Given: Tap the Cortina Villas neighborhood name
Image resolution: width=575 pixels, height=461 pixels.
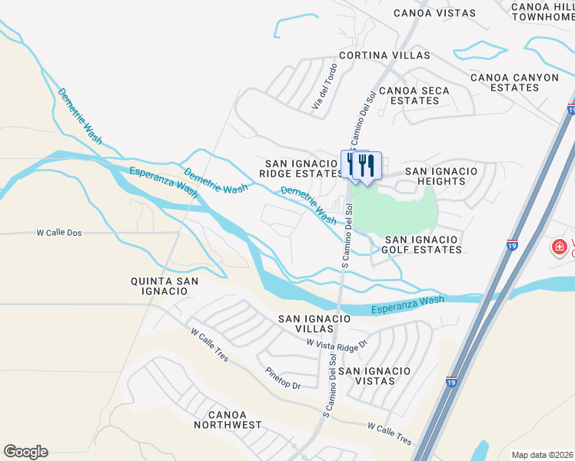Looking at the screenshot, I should [386, 56].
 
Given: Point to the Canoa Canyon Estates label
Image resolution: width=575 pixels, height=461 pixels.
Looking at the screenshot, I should [504, 82].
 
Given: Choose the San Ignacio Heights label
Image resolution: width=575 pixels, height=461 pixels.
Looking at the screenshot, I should [440, 176].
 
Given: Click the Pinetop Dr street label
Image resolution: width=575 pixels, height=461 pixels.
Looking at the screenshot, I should [282, 380].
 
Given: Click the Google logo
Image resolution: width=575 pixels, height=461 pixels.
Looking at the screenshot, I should [25, 452].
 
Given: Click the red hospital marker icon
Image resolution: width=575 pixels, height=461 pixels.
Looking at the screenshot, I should [560, 248].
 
